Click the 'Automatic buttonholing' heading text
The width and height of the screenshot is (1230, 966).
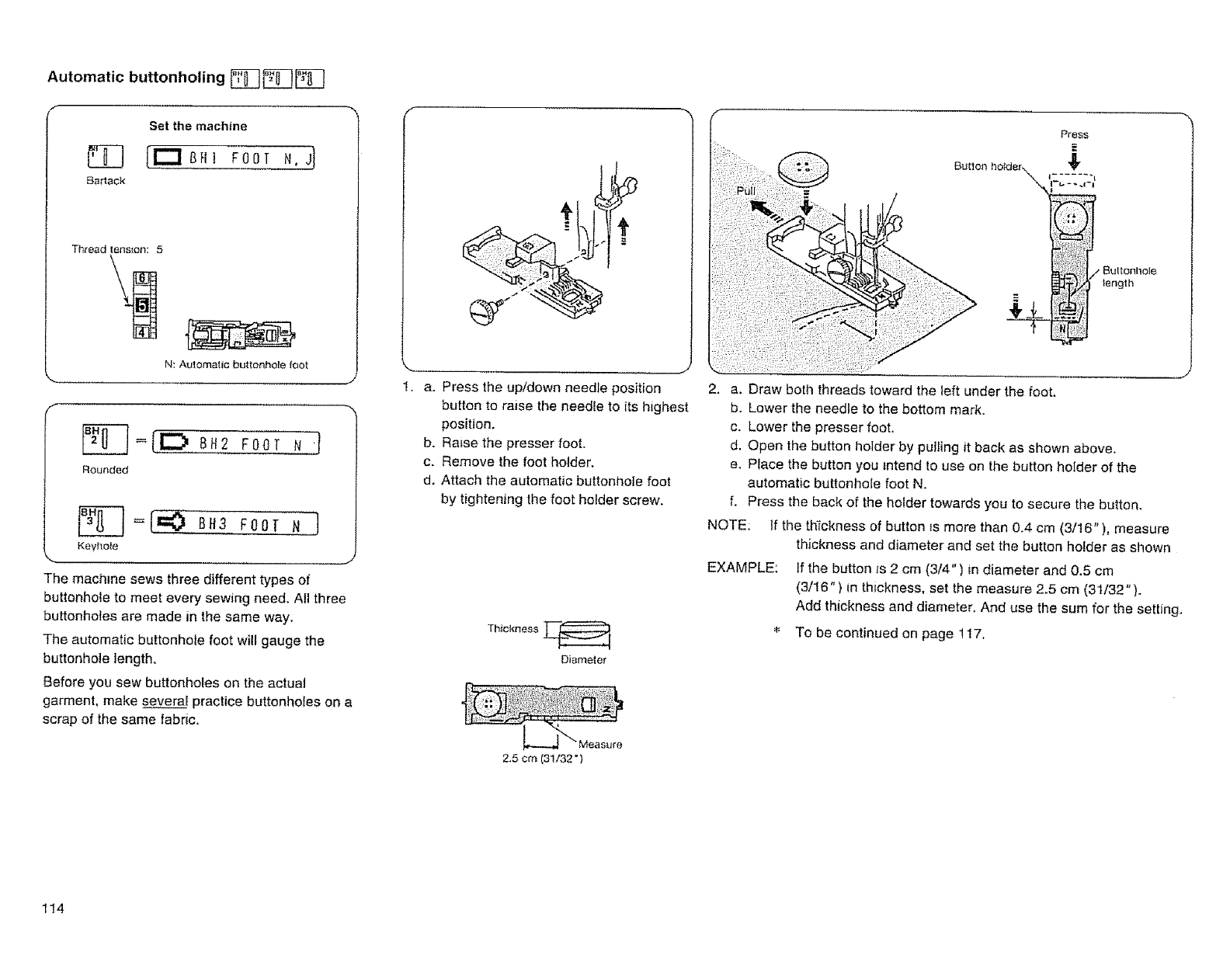pos(136,77)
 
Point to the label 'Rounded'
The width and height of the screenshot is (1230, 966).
pos(105,470)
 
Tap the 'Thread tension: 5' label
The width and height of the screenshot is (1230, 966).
pos(117,250)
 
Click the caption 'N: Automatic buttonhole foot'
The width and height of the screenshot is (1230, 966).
pos(237,364)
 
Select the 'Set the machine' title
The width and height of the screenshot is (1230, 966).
pos(198,126)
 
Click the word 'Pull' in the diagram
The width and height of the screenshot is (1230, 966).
pos(745,192)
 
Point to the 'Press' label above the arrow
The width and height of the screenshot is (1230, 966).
pos(1075,134)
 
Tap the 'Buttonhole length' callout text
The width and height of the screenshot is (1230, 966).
pos(1129,277)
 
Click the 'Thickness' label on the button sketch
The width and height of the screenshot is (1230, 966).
pos(512,628)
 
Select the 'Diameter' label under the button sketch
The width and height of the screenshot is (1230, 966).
pos(582,660)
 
